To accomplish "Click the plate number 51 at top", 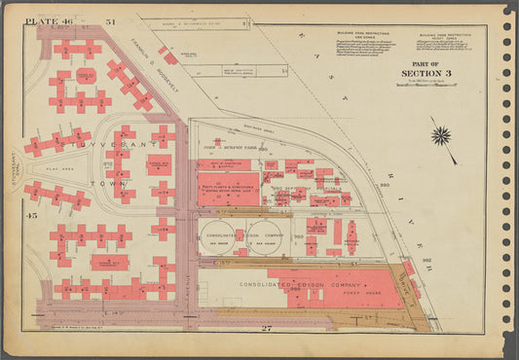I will click(x=111, y=20).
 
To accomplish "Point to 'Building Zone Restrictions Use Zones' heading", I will click(x=350, y=35).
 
